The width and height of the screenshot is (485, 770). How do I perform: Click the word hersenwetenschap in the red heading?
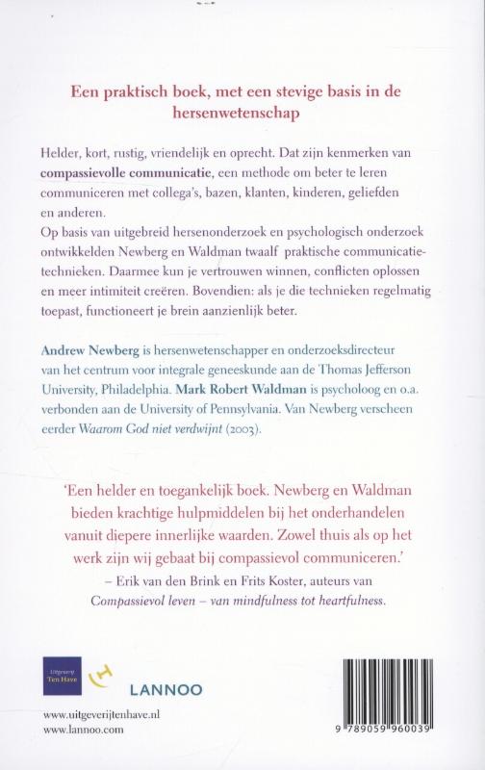click(242, 112)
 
